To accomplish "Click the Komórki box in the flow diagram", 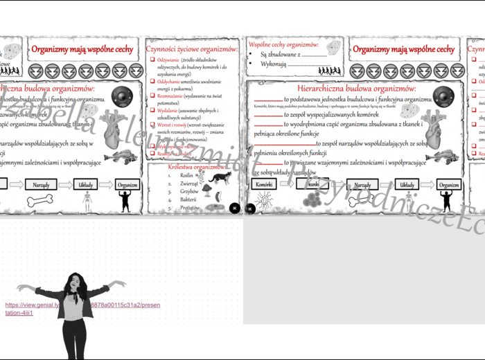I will (x=263, y=185).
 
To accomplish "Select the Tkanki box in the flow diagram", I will (x=312, y=185).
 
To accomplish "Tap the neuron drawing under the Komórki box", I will (x=264, y=201).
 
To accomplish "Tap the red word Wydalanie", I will (x=168, y=111).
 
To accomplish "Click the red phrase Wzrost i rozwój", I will (x=173, y=125).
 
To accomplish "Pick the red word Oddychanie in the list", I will (x=169, y=81).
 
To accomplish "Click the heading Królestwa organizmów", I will (x=197, y=167).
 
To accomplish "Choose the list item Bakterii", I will (x=188, y=199).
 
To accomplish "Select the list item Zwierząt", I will (x=189, y=183).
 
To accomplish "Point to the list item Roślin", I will (x=186, y=176).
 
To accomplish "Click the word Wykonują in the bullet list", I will (x=274, y=64).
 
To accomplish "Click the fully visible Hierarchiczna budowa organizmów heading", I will (x=356, y=89).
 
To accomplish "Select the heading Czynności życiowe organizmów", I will (x=192, y=49).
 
